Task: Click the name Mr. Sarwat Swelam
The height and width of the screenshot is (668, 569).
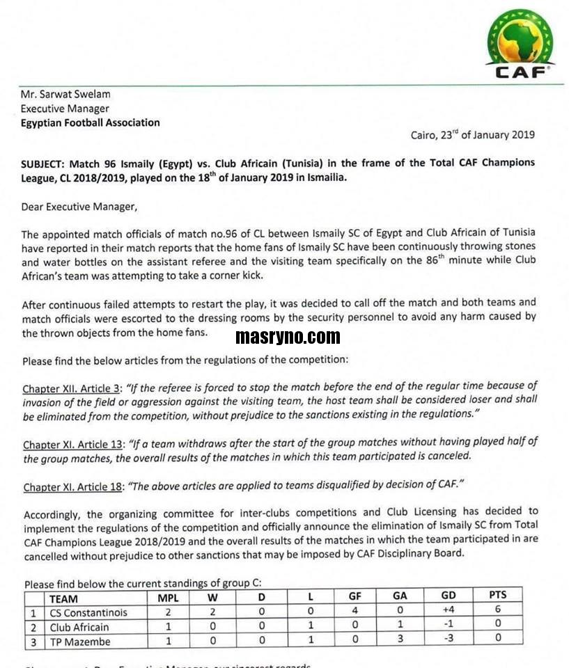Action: pos(65,94)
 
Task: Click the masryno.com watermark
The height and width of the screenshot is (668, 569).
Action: pos(288,337)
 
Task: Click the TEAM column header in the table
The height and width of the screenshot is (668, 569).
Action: pos(64,598)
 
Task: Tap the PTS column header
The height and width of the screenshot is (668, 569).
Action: pos(497,595)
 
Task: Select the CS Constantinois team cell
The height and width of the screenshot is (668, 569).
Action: pos(88,613)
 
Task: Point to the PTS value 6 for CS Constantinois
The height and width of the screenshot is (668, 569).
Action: pos(498,610)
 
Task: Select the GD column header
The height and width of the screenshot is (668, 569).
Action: pos(449,596)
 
